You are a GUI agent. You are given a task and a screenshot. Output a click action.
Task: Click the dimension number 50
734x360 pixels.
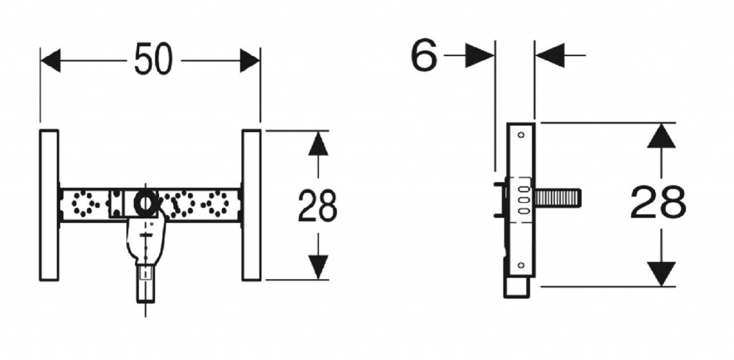click(153, 60)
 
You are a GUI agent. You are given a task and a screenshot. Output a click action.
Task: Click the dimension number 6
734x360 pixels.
click(424, 55)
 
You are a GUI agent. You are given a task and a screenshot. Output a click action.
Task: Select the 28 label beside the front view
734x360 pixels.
click(318, 206)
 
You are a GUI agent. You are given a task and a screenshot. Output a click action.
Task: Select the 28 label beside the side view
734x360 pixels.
click(658, 202)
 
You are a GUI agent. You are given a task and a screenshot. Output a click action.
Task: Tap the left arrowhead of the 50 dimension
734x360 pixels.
click(51, 60)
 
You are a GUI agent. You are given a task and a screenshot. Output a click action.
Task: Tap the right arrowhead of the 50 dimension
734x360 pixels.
click(250, 60)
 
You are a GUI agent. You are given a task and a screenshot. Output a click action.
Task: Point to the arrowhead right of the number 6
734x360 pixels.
click(480, 55)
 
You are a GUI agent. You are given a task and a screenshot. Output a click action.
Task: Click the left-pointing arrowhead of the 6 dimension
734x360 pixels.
click(550, 55)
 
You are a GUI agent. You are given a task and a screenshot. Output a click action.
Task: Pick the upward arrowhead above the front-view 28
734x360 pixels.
click(318, 143)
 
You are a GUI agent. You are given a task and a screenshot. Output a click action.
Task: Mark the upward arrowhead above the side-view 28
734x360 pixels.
click(661, 136)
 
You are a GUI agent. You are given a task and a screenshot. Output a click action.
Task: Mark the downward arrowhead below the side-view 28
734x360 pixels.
click(661, 274)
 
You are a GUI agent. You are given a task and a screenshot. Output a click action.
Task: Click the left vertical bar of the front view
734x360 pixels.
click(49, 205)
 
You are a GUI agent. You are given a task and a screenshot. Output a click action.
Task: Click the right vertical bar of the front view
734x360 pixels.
click(252, 205)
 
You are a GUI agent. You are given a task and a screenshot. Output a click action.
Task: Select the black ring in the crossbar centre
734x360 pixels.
click(146, 203)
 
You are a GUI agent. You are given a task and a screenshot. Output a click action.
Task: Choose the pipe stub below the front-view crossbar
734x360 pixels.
click(146, 284)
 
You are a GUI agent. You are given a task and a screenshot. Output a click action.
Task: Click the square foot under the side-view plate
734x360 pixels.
click(517, 287)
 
